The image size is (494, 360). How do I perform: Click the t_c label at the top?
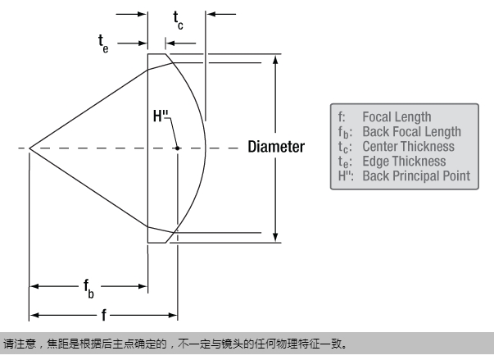(178, 20)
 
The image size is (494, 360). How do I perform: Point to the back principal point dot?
(177, 148)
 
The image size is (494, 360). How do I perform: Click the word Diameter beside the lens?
(277, 148)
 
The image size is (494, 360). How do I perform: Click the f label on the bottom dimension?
(103, 314)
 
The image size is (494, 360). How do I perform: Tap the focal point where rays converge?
(29, 148)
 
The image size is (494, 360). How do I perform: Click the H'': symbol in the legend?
(343, 175)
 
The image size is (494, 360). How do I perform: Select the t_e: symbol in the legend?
(341, 162)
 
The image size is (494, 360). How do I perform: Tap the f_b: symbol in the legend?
(341, 132)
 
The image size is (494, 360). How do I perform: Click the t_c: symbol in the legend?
(341, 147)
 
